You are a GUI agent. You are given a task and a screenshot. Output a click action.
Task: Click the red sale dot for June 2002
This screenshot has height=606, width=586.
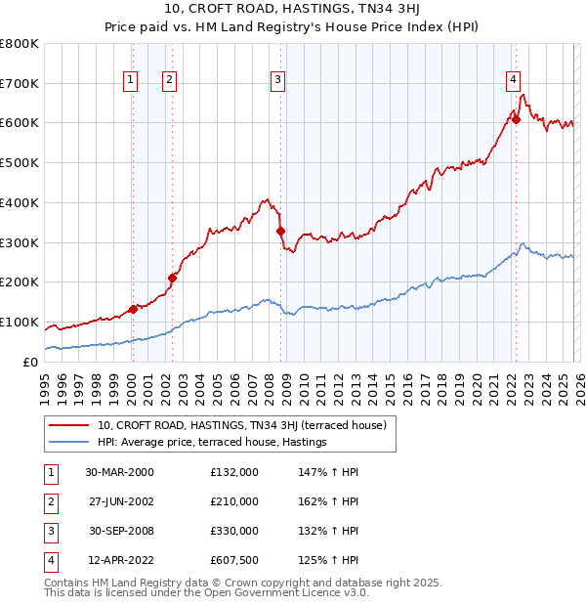click(x=172, y=278)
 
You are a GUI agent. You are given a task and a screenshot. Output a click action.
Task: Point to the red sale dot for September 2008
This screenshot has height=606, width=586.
click(x=280, y=231)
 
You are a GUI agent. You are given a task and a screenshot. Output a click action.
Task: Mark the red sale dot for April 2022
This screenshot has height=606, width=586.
click(x=516, y=120)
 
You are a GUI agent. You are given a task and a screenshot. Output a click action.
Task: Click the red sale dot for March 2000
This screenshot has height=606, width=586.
click(x=133, y=309)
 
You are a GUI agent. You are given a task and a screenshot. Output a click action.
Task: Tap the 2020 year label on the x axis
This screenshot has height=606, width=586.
click(x=476, y=382)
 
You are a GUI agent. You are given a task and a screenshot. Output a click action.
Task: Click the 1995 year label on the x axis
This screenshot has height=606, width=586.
click(x=45, y=382)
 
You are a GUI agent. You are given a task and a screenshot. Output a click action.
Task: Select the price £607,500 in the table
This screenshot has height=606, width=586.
click(x=234, y=560)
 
